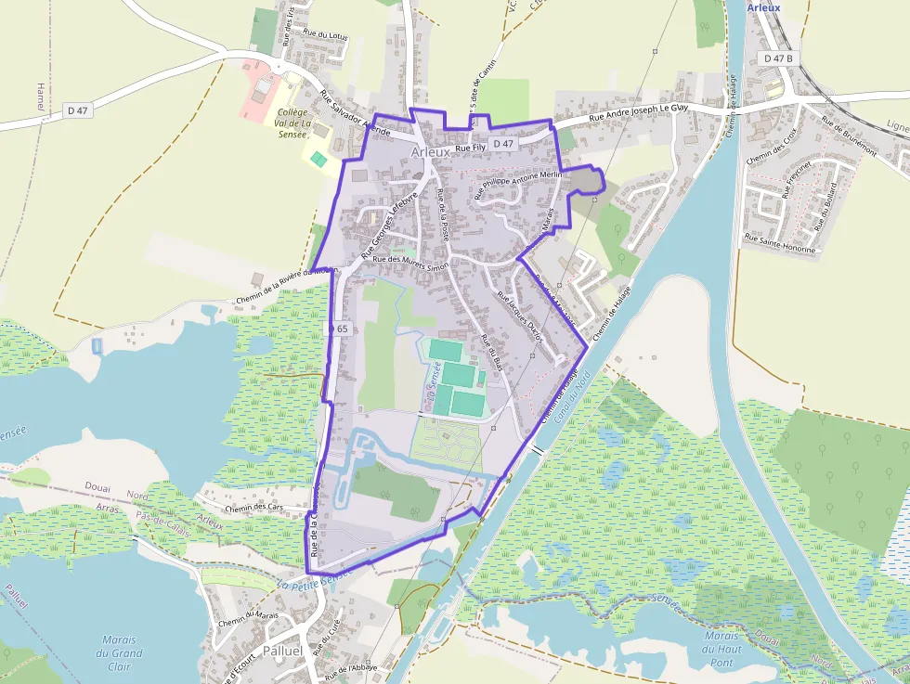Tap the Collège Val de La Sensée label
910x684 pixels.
point(292,123)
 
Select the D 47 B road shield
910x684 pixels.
point(779,58)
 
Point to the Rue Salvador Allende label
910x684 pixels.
point(352,113)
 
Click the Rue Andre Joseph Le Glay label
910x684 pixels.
point(639,111)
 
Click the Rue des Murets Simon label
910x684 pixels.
point(410,262)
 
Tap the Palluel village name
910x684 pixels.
point(283,651)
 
